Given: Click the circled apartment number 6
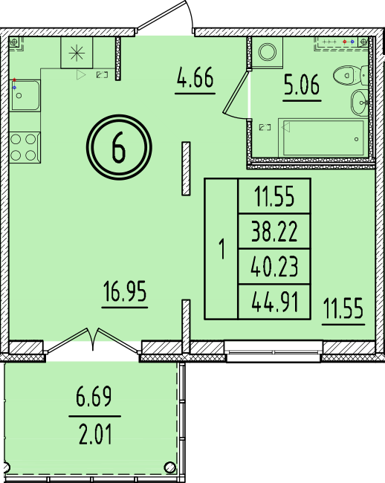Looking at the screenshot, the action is [x=119, y=147].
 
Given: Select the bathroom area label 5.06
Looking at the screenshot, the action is [x=302, y=84].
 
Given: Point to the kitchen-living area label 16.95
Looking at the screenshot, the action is [x=125, y=291].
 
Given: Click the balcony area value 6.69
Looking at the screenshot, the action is [x=94, y=397].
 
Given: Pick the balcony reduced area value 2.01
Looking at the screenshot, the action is [x=95, y=434].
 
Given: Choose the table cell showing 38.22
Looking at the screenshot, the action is [x=274, y=231].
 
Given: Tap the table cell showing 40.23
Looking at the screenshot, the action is [x=274, y=267].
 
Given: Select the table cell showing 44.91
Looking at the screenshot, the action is [x=275, y=302].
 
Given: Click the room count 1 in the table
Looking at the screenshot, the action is [x=221, y=249].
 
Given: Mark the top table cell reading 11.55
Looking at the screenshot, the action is [x=274, y=196].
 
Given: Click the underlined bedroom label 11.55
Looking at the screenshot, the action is [x=343, y=308].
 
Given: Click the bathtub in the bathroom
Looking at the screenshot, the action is [x=323, y=137].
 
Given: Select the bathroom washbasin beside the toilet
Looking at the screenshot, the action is [x=360, y=103].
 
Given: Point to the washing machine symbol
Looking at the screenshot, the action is [x=267, y=52].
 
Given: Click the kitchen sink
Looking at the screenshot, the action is [x=25, y=95].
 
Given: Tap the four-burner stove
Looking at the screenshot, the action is [x=25, y=147].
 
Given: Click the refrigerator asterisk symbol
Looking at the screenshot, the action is [x=77, y=53].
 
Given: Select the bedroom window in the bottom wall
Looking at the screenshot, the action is [x=274, y=351].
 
